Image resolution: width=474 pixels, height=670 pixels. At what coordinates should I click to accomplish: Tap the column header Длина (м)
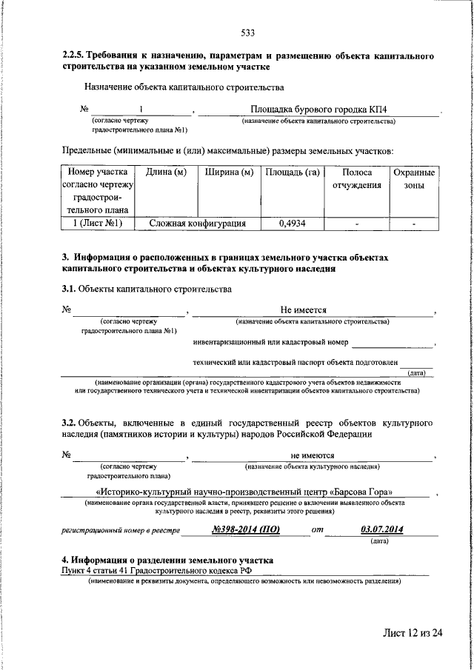pos(166,172)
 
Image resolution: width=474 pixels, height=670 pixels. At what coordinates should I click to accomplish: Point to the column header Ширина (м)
pos(229,172)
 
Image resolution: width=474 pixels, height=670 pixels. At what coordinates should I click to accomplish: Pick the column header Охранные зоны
pos(414,178)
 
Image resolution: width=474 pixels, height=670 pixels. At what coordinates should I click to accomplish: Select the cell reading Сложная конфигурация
pos(197,222)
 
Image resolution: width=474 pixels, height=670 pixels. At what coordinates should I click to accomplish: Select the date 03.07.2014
pos(381,529)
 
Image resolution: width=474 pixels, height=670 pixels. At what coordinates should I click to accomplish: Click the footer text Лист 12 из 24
pos(412,633)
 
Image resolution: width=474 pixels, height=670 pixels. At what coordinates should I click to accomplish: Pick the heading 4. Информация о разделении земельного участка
pos(167,560)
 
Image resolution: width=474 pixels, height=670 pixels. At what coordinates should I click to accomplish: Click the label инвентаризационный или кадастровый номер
pos(270,343)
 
